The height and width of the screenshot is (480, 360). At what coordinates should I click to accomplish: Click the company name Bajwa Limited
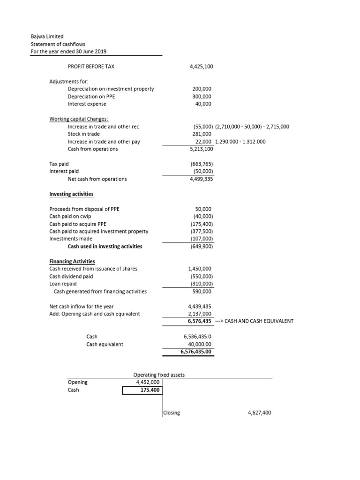click(x=47, y=36)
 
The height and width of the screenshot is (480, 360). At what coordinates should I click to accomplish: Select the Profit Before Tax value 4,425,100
click(x=202, y=67)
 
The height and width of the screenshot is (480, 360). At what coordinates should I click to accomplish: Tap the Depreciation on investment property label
click(x=111, y=89)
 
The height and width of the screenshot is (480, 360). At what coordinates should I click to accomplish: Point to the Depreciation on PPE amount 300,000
click(x=202, y=96)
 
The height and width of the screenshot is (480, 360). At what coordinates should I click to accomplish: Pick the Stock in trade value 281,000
click(x=202, y=134)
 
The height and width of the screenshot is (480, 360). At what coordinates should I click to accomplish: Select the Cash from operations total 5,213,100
click(x=202, y=149)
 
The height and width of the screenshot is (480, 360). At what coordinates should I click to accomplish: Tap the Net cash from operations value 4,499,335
click(x=202, y=179)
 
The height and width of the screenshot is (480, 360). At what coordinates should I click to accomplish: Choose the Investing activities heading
click(x=71, y=194)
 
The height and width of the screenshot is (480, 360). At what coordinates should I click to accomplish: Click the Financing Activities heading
click(x=72, y=261)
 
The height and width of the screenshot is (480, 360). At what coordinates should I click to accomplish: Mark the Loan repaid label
click(x=63, y=284)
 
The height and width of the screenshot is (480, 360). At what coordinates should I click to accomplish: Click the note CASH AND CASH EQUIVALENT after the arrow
click(x=256, y=321)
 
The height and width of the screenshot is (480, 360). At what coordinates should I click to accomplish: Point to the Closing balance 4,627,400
click(x=259, y=412)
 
